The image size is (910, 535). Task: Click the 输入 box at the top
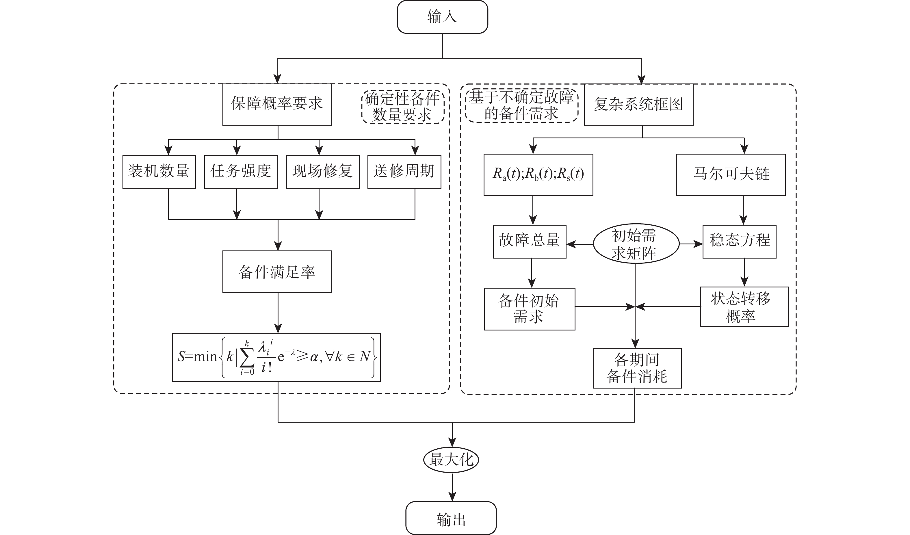[442, 17]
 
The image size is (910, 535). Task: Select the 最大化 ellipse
[451, 460]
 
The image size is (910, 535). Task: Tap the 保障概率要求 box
[277, 105]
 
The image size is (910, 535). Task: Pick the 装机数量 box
[159, 172]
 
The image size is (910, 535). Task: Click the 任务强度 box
[241, 172]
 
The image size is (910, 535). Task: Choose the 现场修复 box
[322, 172]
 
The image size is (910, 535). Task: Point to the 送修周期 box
[404, 172]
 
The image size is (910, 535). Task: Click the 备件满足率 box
[277, 272]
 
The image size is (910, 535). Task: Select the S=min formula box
[276, 357]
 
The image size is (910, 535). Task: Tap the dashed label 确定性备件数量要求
[403, 107]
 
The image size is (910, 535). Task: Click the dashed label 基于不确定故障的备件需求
[521, 105]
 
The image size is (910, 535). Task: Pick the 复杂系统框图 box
[638, 105]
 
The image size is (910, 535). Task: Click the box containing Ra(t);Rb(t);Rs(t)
[538, 175]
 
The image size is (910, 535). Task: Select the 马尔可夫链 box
[731, 175]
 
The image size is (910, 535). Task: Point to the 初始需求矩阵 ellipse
[636, 244]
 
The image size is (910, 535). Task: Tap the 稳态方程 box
[739, 242]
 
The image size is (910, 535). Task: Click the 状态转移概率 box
[744, 307]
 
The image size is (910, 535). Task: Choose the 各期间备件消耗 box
[637, 368]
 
